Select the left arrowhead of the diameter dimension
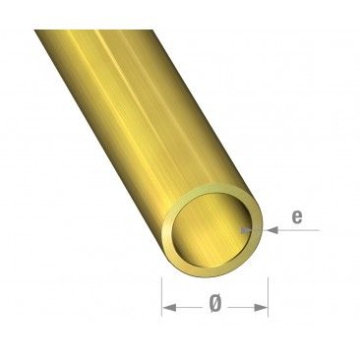pyautogui.click(x=167, y=308)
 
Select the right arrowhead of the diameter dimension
pyautogui.click(x=263, y=308)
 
